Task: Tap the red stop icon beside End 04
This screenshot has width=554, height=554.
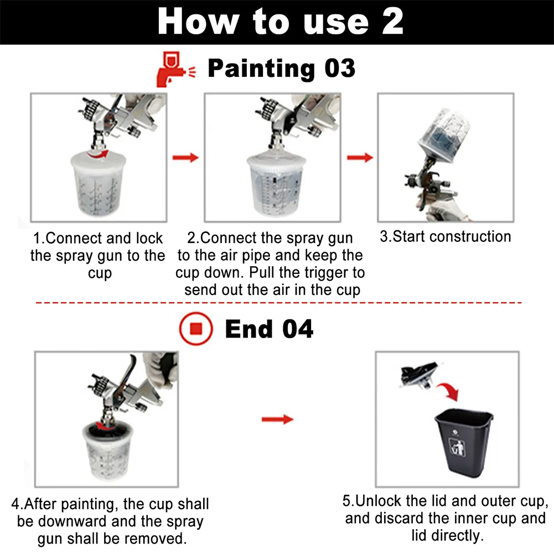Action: coord(196,329)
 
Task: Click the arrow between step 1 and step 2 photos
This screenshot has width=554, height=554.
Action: coord(185,158)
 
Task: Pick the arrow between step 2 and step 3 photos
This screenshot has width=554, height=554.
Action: coord(360,158)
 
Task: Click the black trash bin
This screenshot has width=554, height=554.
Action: coord(463,440)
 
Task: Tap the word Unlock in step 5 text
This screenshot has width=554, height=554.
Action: coord(381,502)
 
